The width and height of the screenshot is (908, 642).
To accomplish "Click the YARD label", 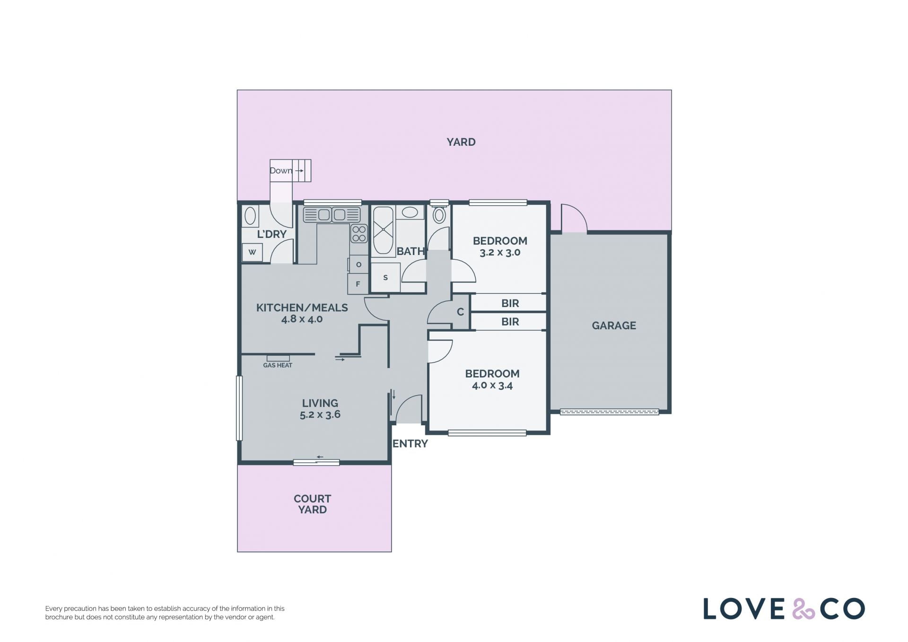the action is click(461, 142).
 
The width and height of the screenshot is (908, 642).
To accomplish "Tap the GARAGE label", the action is click(614, 325).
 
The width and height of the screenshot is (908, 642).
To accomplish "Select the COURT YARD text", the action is click(312, 504).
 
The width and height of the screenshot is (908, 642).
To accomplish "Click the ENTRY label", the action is click(410, 444).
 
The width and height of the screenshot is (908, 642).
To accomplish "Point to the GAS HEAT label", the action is click(278, 365).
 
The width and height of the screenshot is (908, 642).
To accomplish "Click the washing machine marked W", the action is click(252, 252).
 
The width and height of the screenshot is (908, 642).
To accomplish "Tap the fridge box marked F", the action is click(358, 284).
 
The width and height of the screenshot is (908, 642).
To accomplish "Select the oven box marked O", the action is click(359, 264).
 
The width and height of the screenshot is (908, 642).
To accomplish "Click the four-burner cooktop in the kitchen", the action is click(359, 234).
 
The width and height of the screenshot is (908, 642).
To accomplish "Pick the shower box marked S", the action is click(385, 278).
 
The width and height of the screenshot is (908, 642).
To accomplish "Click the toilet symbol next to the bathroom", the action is click(439, 214).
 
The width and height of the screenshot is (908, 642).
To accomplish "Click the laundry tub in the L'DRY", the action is click(250, 216).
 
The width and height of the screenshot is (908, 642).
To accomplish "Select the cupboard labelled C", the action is click(460, 312).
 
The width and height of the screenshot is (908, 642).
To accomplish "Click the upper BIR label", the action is click(510, 303).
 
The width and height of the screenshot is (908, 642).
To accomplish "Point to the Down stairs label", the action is click(281, 171).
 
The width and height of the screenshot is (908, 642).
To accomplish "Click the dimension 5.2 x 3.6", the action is click(320, 415).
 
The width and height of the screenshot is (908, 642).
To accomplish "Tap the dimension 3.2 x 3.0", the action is click(500, 253).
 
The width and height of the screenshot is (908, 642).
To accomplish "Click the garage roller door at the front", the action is click(610, 412).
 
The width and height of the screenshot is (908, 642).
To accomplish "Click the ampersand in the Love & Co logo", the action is click(803, 609).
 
